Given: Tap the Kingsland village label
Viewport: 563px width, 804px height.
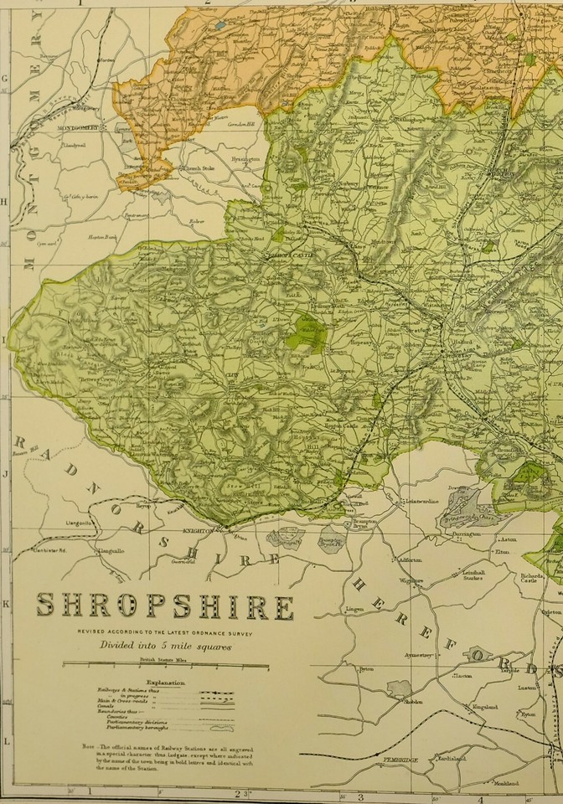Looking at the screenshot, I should [x=485, y=707].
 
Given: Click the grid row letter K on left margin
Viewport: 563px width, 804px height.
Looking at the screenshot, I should [x=6, y=603].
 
